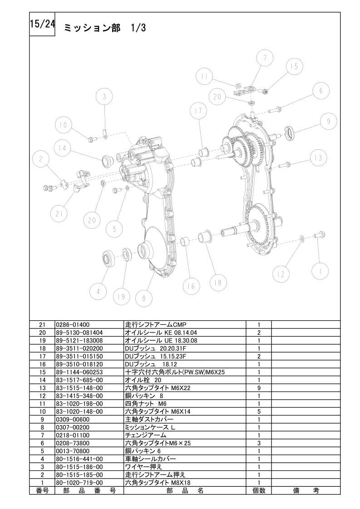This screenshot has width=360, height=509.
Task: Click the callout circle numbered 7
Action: tap(265, 58)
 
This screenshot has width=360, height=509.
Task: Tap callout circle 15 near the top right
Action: tap(294, 66)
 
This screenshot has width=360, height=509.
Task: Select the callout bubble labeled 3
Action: tap(104, 97)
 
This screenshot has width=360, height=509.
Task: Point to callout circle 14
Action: tap(62, 148)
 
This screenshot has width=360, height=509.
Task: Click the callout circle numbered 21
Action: tap(59, 214)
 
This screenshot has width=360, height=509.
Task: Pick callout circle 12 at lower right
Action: tap(281, 274)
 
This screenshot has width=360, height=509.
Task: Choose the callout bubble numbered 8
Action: tap(144, 298)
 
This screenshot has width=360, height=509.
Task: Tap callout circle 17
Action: tap(198, 110)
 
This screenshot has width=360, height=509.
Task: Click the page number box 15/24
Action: tap(42, 24)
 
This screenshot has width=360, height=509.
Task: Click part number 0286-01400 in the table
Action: tap(73, 325)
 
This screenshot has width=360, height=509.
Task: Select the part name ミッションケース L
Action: tap(150, 427)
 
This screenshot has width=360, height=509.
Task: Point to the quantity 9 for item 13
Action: tap(259, 388)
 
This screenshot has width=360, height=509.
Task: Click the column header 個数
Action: tap(259, 490)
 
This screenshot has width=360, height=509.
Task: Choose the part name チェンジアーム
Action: tap(146, 436)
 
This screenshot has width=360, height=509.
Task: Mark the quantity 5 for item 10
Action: tap(259, 411)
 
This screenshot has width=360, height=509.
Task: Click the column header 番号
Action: tap(42, 490)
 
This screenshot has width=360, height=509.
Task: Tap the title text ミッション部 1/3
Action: tap(105, 28)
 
